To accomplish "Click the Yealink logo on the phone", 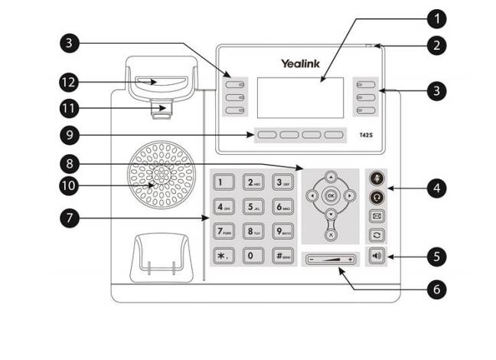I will pos(299,64).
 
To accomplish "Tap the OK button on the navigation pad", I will pos(331,196).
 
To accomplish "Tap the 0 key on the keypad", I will pos(251,256).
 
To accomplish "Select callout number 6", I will pos(436,290).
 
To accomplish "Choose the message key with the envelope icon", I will pos(377,216).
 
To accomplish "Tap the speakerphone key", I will pos(377,256).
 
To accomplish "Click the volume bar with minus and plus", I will pos(331,260).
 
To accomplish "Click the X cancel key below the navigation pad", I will pos(331,234).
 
